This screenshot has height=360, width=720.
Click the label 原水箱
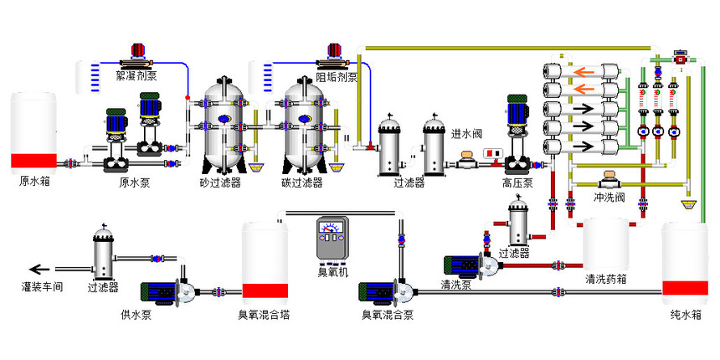34,182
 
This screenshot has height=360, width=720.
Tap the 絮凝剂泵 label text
136,75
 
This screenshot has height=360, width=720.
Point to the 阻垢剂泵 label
337,76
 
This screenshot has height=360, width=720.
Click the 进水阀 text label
467,134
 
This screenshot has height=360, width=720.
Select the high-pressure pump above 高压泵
517,134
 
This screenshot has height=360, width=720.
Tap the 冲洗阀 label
609,198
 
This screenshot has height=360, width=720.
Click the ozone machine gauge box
332,239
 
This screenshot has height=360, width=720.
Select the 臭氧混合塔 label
264,315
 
